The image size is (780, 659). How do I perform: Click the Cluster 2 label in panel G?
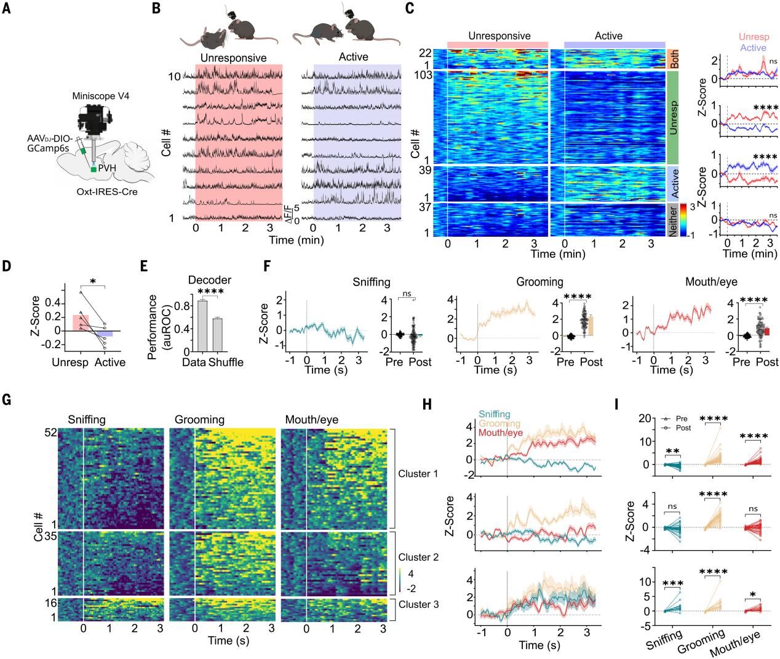pyautogui.click(x=418, y=557)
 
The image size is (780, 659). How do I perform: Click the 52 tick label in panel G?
pyautogui.click(x=50, y=433)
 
